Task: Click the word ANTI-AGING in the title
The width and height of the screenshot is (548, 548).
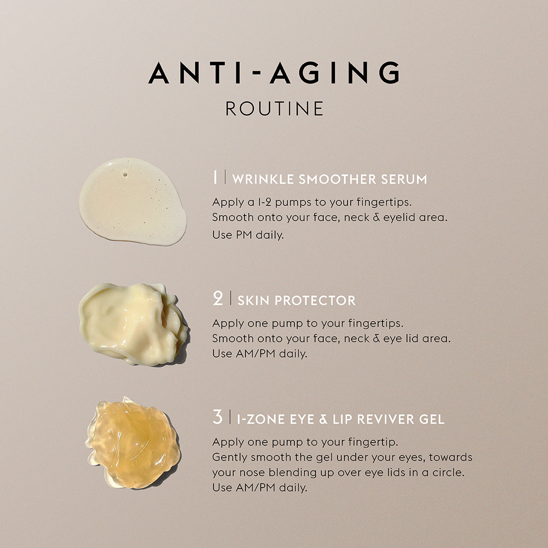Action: tap(274, 73)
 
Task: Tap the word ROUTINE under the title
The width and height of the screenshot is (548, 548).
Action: tap(275, 109)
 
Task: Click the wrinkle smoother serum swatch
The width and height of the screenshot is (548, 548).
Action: tap(132, 201)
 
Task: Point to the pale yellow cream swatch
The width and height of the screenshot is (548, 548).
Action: tap(133, 324)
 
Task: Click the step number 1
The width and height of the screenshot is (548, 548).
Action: tap(215, 177)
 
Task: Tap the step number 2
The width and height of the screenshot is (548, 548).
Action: tap(217, 298)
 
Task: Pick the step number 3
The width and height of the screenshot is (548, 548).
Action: tap(217, 417)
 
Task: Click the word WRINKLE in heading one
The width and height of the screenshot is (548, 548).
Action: tap(263, 179)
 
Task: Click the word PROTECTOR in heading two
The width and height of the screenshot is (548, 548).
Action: tap(315, 300)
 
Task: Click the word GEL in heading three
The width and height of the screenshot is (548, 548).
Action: tap(432, 420)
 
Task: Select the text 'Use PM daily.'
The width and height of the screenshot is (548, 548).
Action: tap(248, 234)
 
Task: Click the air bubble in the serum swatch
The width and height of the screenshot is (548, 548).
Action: tap(125, 174)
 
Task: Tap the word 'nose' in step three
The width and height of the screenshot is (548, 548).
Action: tap(252, 472)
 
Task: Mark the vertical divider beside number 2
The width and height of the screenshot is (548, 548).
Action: tap(230, 298)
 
